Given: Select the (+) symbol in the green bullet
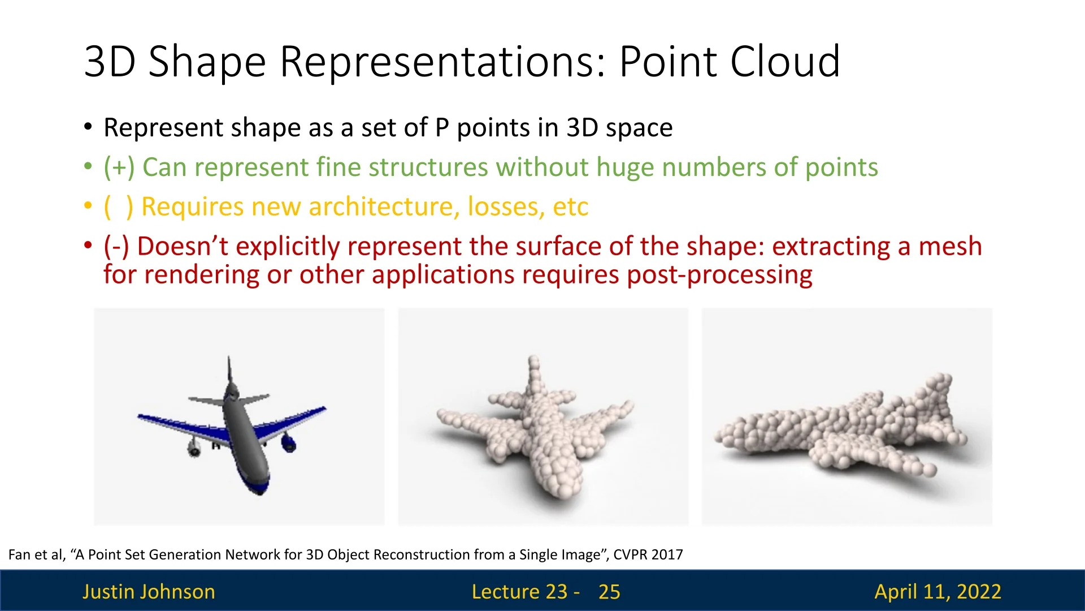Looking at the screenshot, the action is [x=119, y=167].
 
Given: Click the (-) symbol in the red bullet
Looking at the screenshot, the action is [x=116, y=247].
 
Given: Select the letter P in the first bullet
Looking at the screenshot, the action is [x=442, y=128].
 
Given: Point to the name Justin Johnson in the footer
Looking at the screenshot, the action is [x=149, y=592].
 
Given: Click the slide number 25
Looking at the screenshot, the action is [x=609, y=592].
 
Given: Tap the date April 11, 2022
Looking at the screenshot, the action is [x=938, y=592].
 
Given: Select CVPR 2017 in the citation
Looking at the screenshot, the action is [x=648, y=554].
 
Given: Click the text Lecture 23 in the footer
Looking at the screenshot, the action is [x=519, y=592].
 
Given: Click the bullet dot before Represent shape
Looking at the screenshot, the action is [x=88, y=127].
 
